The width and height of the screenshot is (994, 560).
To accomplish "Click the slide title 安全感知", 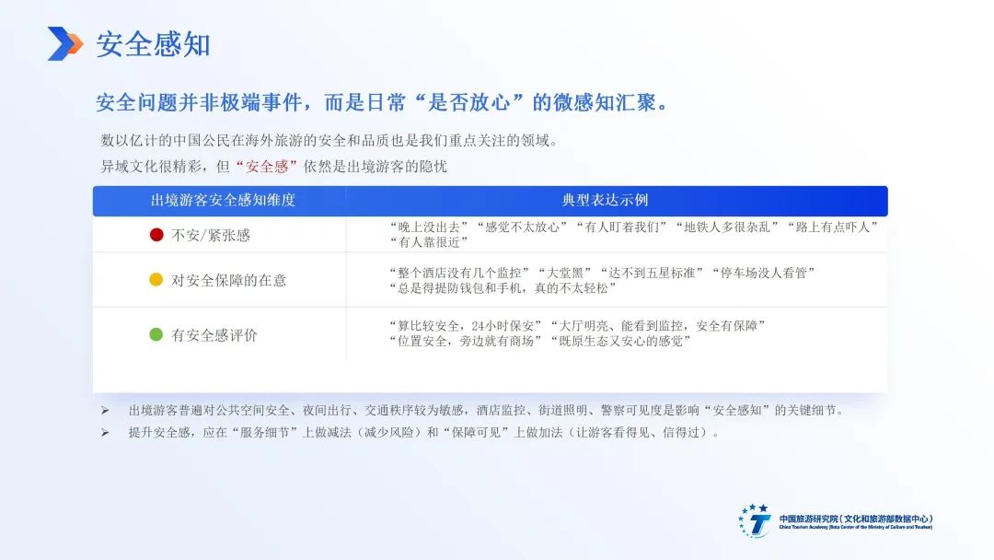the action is click(153, 44).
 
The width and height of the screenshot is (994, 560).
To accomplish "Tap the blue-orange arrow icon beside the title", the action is click(64, 44).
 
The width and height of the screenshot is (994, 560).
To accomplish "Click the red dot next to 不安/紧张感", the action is click(156, 235).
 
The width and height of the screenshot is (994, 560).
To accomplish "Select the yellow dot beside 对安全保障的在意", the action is click(156, 280).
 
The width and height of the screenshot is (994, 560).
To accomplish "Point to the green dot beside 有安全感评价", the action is click(156, 334).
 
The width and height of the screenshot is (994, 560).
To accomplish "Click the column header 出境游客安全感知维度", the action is click(223, 201).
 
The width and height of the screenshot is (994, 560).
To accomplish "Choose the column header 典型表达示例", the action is click(604, 201).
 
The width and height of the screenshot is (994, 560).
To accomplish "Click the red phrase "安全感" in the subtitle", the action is click(266, 167).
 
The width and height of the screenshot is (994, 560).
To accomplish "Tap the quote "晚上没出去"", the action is click(429, 227).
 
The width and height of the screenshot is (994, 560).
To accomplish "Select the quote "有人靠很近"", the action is click(429, 242).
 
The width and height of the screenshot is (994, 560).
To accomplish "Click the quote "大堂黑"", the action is click(561, 273).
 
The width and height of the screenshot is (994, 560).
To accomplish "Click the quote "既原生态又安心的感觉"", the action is click(620, 341).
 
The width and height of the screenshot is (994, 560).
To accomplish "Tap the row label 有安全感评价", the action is click(214, 335).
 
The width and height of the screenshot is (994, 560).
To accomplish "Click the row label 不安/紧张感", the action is click(211, 235).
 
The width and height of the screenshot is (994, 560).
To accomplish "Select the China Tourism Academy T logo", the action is click(755, 521).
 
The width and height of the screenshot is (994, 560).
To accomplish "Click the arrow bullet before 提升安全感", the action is click(105, 433).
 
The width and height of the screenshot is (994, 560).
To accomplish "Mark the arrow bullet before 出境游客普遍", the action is click(105, 411).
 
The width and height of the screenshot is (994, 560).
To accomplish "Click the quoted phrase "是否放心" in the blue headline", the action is click(469, 103).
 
